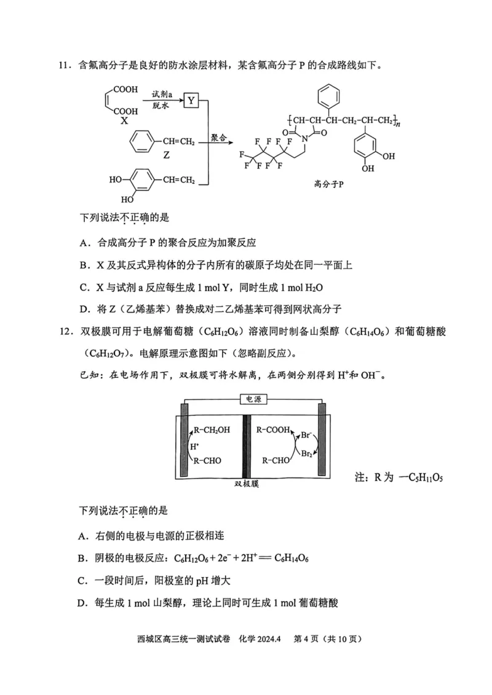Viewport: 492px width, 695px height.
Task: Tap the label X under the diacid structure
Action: click(124, 121)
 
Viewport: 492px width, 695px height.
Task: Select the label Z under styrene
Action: click(166, 156)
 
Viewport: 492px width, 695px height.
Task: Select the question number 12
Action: click(65, 332)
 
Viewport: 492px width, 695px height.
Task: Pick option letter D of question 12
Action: click(82, 603)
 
